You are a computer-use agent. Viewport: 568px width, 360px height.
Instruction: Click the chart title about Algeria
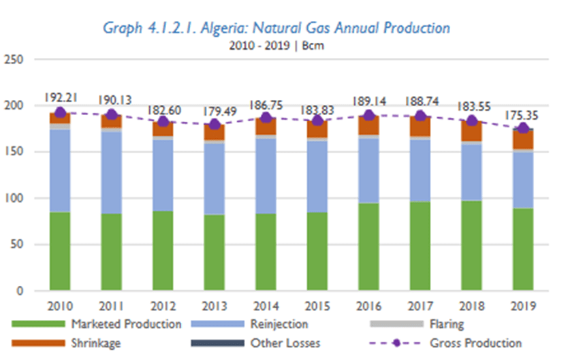click(x=276, y=28)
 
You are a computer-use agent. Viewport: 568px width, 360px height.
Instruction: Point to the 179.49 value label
click(x=215, y=110)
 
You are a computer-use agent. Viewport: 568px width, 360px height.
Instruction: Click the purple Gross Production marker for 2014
click(x=266, y=118)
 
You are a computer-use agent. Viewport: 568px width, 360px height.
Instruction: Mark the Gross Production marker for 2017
click(x=420, y=116)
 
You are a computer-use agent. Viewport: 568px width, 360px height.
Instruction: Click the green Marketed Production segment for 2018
click(x=472, y=246)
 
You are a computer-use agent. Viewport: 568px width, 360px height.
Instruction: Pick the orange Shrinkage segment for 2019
click(x=523, y=139)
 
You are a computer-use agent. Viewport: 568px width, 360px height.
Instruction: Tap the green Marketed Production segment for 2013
click(x=215, y=252)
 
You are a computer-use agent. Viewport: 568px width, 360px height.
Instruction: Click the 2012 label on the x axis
click(x=163, y=306)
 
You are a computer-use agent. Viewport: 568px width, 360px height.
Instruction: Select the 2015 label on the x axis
click(x=317, y=306)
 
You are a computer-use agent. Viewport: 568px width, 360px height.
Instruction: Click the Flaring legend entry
click(x=446, y=325)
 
